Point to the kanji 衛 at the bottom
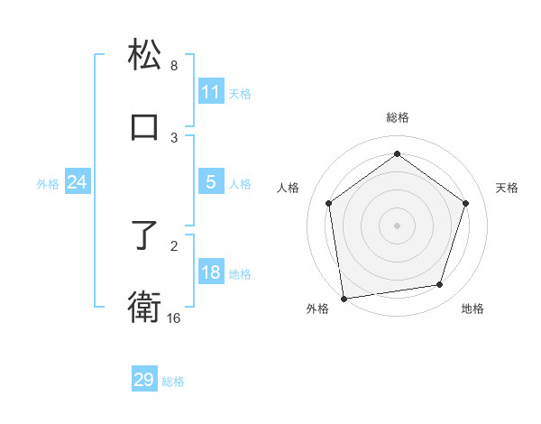click(144, 307)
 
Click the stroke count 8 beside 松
click(174, 66)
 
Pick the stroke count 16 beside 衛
click(174, 318)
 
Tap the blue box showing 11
click(211, 92)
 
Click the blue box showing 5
click(211, 182)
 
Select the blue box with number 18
click(211, 272)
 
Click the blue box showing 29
click(144, 380)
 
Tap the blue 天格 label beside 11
click(240, 93)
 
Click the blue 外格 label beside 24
click(48, 184)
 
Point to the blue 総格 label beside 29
click(173, 382)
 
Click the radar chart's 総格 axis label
click(398, 117)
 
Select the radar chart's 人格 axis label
click(288, 188)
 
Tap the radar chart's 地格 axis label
click(472, 309)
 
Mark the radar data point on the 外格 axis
click(343, 298)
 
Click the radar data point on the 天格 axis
click(466, 203)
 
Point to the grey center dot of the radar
click(398, 225)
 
